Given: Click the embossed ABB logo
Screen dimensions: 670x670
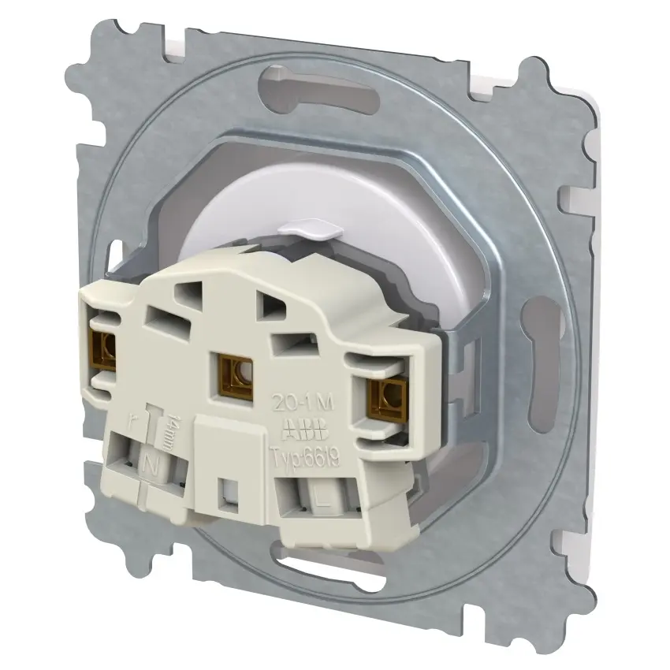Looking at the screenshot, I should (x=299, y=430).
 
